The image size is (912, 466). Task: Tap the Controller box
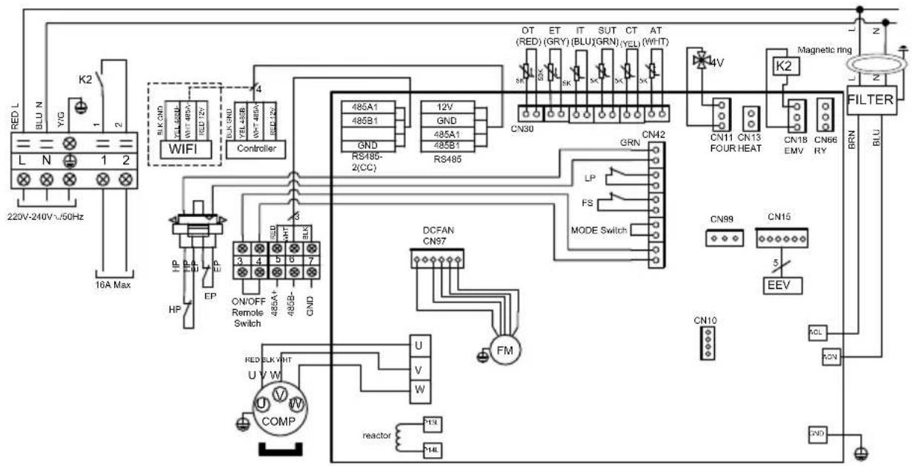tap(256, 148)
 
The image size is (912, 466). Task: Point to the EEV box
tap(778, 285)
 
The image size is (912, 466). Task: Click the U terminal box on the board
tap(419, 346)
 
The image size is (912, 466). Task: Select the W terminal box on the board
tap(419, 387)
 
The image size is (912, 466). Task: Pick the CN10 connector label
tap(705, 320)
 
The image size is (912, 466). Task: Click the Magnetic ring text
tap(825, 50)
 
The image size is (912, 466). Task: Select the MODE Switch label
tap(598, 230)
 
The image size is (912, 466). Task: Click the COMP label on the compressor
tap(279, 422)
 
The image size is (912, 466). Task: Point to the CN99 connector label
tap(722, 219)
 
